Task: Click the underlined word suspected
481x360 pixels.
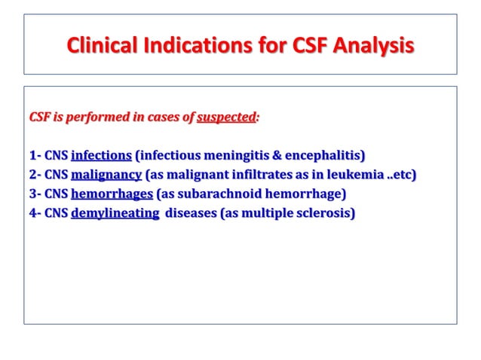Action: point(226,117)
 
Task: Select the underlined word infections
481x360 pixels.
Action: point(101,156)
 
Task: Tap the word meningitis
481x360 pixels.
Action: point(234,156)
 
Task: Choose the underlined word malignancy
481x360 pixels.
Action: point(106,175)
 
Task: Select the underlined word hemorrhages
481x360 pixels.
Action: point(112,194)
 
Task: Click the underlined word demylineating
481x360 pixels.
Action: point(115,213)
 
